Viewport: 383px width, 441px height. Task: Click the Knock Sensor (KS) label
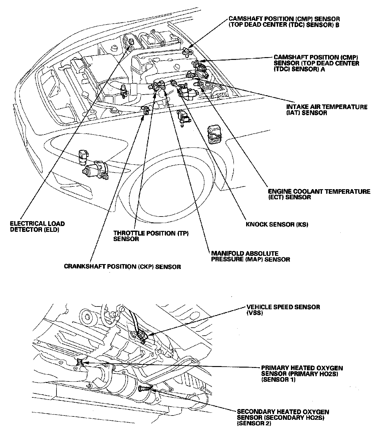277,224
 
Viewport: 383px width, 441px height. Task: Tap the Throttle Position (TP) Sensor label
151,236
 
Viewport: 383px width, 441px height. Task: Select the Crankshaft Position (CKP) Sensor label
122,267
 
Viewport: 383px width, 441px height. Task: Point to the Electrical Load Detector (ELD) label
37,227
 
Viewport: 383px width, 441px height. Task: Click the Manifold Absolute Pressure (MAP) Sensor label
250,256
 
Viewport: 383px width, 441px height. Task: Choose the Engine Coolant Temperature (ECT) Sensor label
319,194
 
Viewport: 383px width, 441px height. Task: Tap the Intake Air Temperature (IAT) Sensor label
327,110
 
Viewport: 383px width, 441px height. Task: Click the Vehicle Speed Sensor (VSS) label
283,310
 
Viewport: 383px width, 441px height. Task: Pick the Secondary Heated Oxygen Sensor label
283,418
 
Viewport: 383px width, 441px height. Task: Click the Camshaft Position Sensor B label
284,22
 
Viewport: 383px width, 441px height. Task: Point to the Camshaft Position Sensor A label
316,63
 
